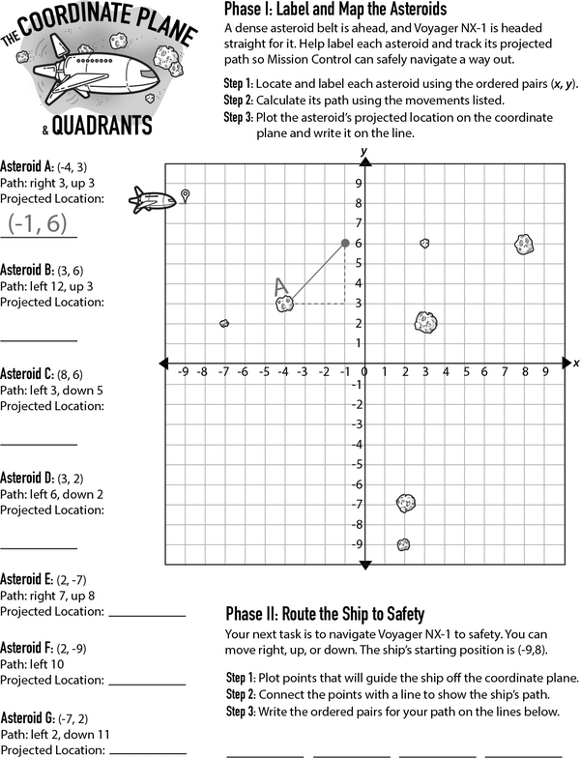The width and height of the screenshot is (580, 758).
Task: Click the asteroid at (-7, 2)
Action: point(224,323)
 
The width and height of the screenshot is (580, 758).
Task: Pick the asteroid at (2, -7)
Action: point(406,502)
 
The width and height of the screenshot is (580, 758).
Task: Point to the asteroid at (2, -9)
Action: point(403,544)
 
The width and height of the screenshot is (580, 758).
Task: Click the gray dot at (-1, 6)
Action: point(345,243)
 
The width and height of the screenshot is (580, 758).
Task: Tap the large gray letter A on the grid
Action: point(281,287)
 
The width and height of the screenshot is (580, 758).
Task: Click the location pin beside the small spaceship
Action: point(186,196)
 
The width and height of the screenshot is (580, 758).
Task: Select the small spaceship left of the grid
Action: point(152,201)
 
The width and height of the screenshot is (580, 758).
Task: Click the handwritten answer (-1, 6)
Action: point(38,223)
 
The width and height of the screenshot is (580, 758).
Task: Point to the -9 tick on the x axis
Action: point(183,371)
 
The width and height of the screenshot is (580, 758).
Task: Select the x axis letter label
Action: point(575,363)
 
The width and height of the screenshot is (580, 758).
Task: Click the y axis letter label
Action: point(363,152)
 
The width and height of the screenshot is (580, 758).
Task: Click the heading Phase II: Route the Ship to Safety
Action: point(325,614)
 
